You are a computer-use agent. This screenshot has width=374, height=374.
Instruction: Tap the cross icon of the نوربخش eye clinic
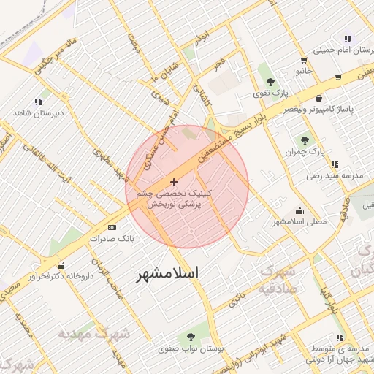pos(173,182)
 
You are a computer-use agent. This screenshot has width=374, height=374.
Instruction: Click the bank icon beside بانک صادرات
pos(111,228)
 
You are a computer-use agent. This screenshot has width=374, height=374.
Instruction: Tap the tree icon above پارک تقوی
pos(270,82)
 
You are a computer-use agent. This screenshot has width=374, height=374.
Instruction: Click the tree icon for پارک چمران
pos(305,140)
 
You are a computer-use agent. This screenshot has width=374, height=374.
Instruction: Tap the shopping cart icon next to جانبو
pos(338,76)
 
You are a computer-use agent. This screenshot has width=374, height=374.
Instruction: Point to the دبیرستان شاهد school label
pos(38,113)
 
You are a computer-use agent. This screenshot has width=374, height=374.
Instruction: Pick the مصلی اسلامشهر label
pos(299,221)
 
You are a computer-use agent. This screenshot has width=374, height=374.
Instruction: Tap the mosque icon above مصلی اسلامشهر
pos(299,210)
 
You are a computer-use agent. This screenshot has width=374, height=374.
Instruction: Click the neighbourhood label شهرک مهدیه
pos(93,333)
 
